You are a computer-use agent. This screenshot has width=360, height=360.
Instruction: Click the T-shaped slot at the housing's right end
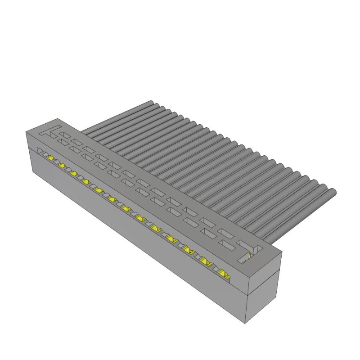tap(251, 249)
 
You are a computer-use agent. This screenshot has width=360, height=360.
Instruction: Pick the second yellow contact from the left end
tap(61, 165)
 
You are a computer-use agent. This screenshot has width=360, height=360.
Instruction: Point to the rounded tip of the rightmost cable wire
tap(333, 193)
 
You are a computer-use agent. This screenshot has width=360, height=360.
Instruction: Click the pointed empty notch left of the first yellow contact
tap(40, 151)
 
